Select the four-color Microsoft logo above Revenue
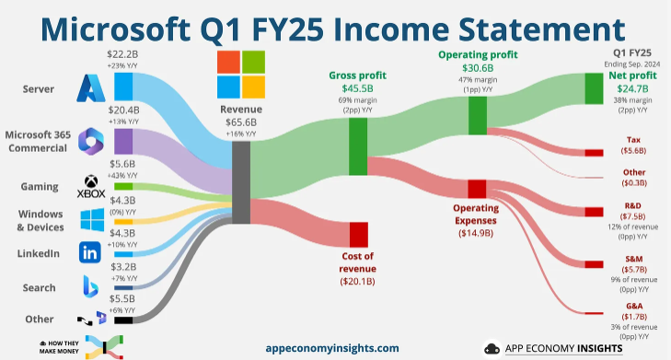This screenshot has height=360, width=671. pyautogui.click(x=241, y=75)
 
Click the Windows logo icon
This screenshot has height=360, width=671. pyautogui.click(x=92, y=220)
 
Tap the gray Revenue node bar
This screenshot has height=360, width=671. pyautogui.click(x=242, y=181)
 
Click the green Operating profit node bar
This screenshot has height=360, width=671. pyautogui.click(x=477, y=115)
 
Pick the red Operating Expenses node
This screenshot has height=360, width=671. pyautogui.click(x=476, y=189)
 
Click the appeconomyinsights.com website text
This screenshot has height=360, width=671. pyautogui.click(x=331, y=347)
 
